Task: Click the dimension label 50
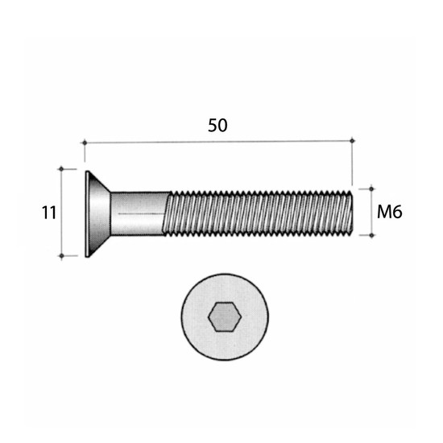[217, 126]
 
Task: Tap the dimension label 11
[49, 213]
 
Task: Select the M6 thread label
[390, 212]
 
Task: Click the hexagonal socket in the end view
[225, 317]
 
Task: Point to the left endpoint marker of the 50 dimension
[85, 143]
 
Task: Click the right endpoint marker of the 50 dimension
[352, 140]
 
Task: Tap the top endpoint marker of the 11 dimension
[61, 169]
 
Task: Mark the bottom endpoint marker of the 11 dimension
[61, 256]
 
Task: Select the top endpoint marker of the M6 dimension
[371, 188]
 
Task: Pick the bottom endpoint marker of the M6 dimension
[371, 235]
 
